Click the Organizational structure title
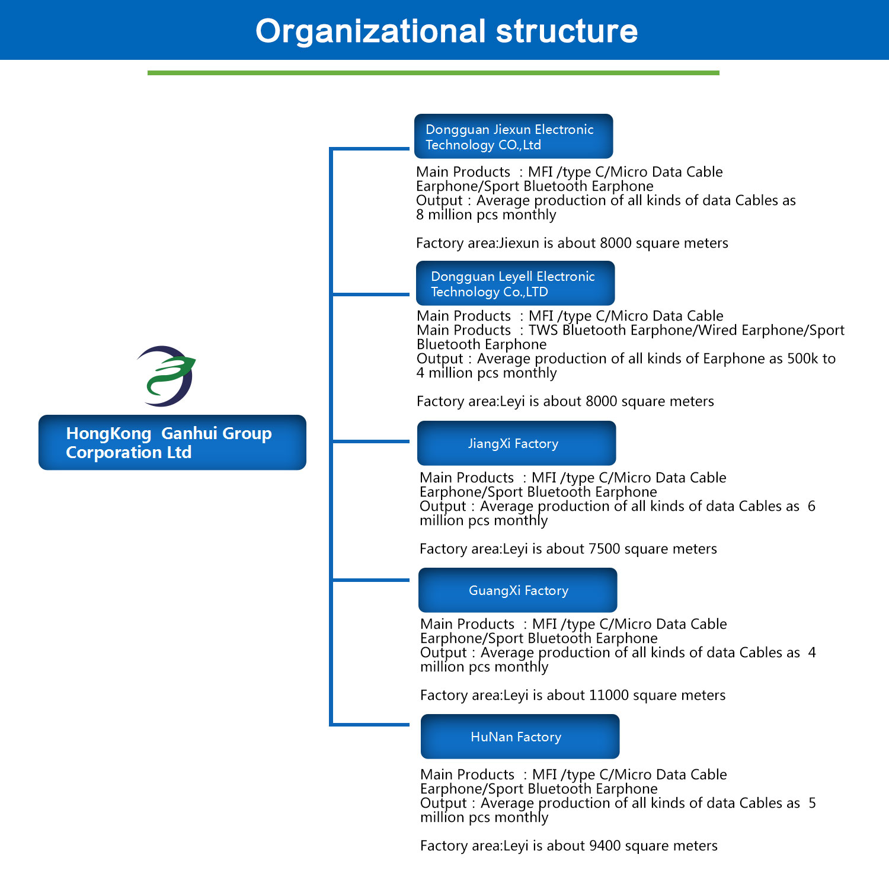tap(446, 31)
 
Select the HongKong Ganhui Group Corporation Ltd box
tap(172, 443)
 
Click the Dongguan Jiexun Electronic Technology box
tap(513, 136)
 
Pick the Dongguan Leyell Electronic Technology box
tap(515, 283)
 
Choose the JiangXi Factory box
tap(516, 443)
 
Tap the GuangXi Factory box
tap(517, 590)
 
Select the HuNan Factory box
tap(520, 737)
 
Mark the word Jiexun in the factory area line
tap(519, 243)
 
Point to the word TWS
tap(543, 330)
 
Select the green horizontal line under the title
tap(433, 73)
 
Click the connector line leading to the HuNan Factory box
tap(370, 724)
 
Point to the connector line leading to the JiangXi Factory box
tap(370, 441)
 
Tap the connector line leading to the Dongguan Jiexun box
tap(370, 149)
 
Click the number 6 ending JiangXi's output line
tap(811, 506)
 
